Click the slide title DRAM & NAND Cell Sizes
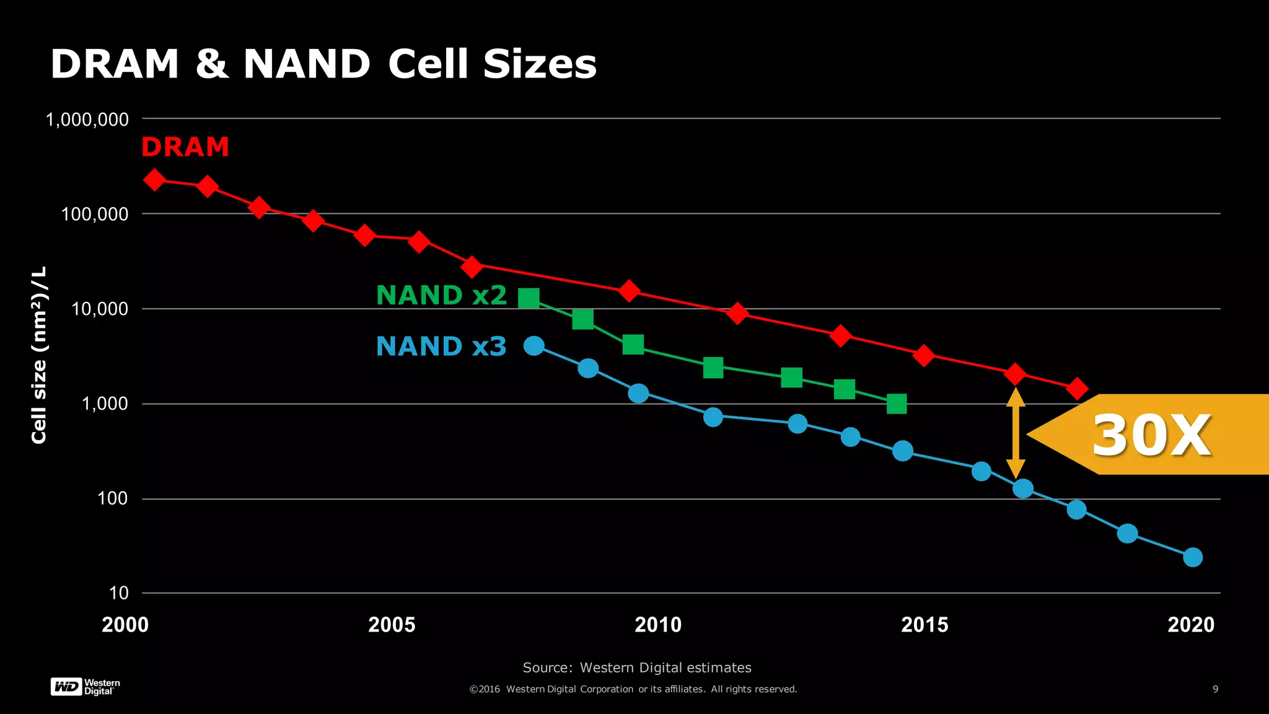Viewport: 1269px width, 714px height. coord(323,64)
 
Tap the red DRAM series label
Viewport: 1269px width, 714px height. coord(185,148)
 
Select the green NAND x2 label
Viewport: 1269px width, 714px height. coord(441,295)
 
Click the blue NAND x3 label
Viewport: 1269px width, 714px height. coord(441,346)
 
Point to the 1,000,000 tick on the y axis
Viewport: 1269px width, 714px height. coord(87,120)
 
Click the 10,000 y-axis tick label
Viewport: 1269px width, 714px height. coord(100,309)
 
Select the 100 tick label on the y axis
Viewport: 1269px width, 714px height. coord(112,498)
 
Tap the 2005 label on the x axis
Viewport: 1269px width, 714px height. coord(392,624)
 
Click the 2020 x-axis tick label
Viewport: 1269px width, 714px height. coord(1191,624)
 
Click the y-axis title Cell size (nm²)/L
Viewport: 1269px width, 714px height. coord(39,355)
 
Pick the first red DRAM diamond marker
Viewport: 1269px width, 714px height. coord(154,180)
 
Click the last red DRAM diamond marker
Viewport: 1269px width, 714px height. coord(1077,389)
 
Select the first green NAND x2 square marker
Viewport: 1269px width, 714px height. coord(529,298)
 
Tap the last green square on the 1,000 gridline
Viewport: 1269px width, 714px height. coord(897,404)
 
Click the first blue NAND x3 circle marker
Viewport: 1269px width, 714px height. coord(534,346)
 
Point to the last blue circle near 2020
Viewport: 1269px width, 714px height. coord(1192,557)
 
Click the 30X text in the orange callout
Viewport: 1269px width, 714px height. coord(1151,435)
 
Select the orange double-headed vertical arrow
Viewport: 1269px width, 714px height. coord(1015,433)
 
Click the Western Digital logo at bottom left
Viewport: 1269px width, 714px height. coord(85,687)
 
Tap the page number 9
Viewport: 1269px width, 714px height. coord(1215,689)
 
